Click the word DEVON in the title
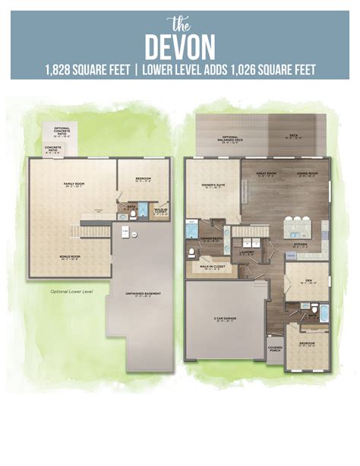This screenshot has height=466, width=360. [x=180, y=45]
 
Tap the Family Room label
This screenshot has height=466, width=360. [x=74, y=185]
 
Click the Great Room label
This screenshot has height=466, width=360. [x=267, y=174]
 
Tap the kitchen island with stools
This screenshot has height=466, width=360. [x=298, y=229]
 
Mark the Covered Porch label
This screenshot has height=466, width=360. [x=275, y=348]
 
